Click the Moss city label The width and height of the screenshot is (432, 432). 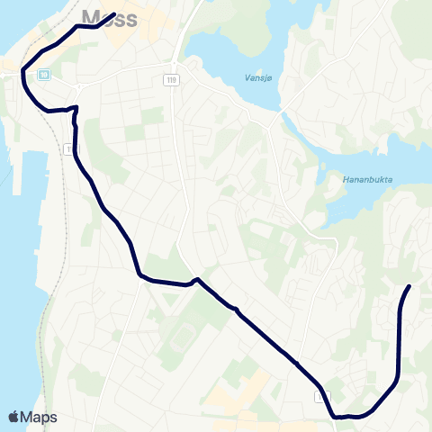pyautogui.click(x=109, y=17)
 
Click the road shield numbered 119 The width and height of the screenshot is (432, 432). pyautogui.click(x=171, y=80)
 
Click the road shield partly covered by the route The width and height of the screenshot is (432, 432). pyautogui.click(x=68, y=148)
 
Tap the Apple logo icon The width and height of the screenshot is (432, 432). pyautogui.click(x=13, y=417)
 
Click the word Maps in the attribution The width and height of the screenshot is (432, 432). pyautogui.click(x=40, y=417)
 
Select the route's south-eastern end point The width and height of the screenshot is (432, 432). pyautogui.click(x=409, y=286)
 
